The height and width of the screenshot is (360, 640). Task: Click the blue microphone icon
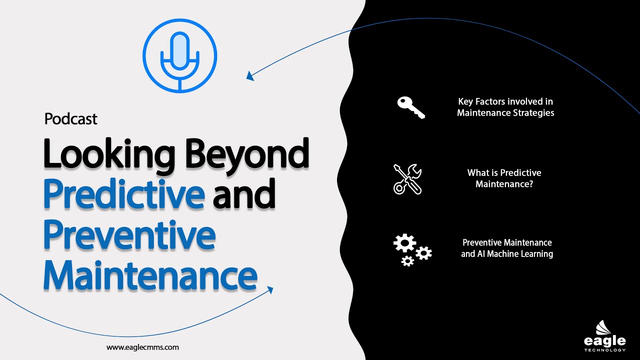180,55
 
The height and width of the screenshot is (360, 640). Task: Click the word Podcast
70,119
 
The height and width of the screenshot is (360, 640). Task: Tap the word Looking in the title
109,153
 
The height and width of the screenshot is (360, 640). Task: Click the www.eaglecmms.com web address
142,347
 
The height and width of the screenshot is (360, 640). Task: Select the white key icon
410,107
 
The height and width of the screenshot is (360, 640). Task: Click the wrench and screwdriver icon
407,178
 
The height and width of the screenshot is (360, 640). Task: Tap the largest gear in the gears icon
404,243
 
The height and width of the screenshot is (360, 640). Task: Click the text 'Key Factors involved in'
505,101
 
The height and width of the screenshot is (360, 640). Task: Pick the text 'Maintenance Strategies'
505,113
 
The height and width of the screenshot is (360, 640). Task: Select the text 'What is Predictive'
504,173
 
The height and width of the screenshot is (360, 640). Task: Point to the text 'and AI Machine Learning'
506,254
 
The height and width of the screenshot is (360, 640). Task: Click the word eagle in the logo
604,341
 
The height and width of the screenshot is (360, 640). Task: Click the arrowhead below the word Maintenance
270,290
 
